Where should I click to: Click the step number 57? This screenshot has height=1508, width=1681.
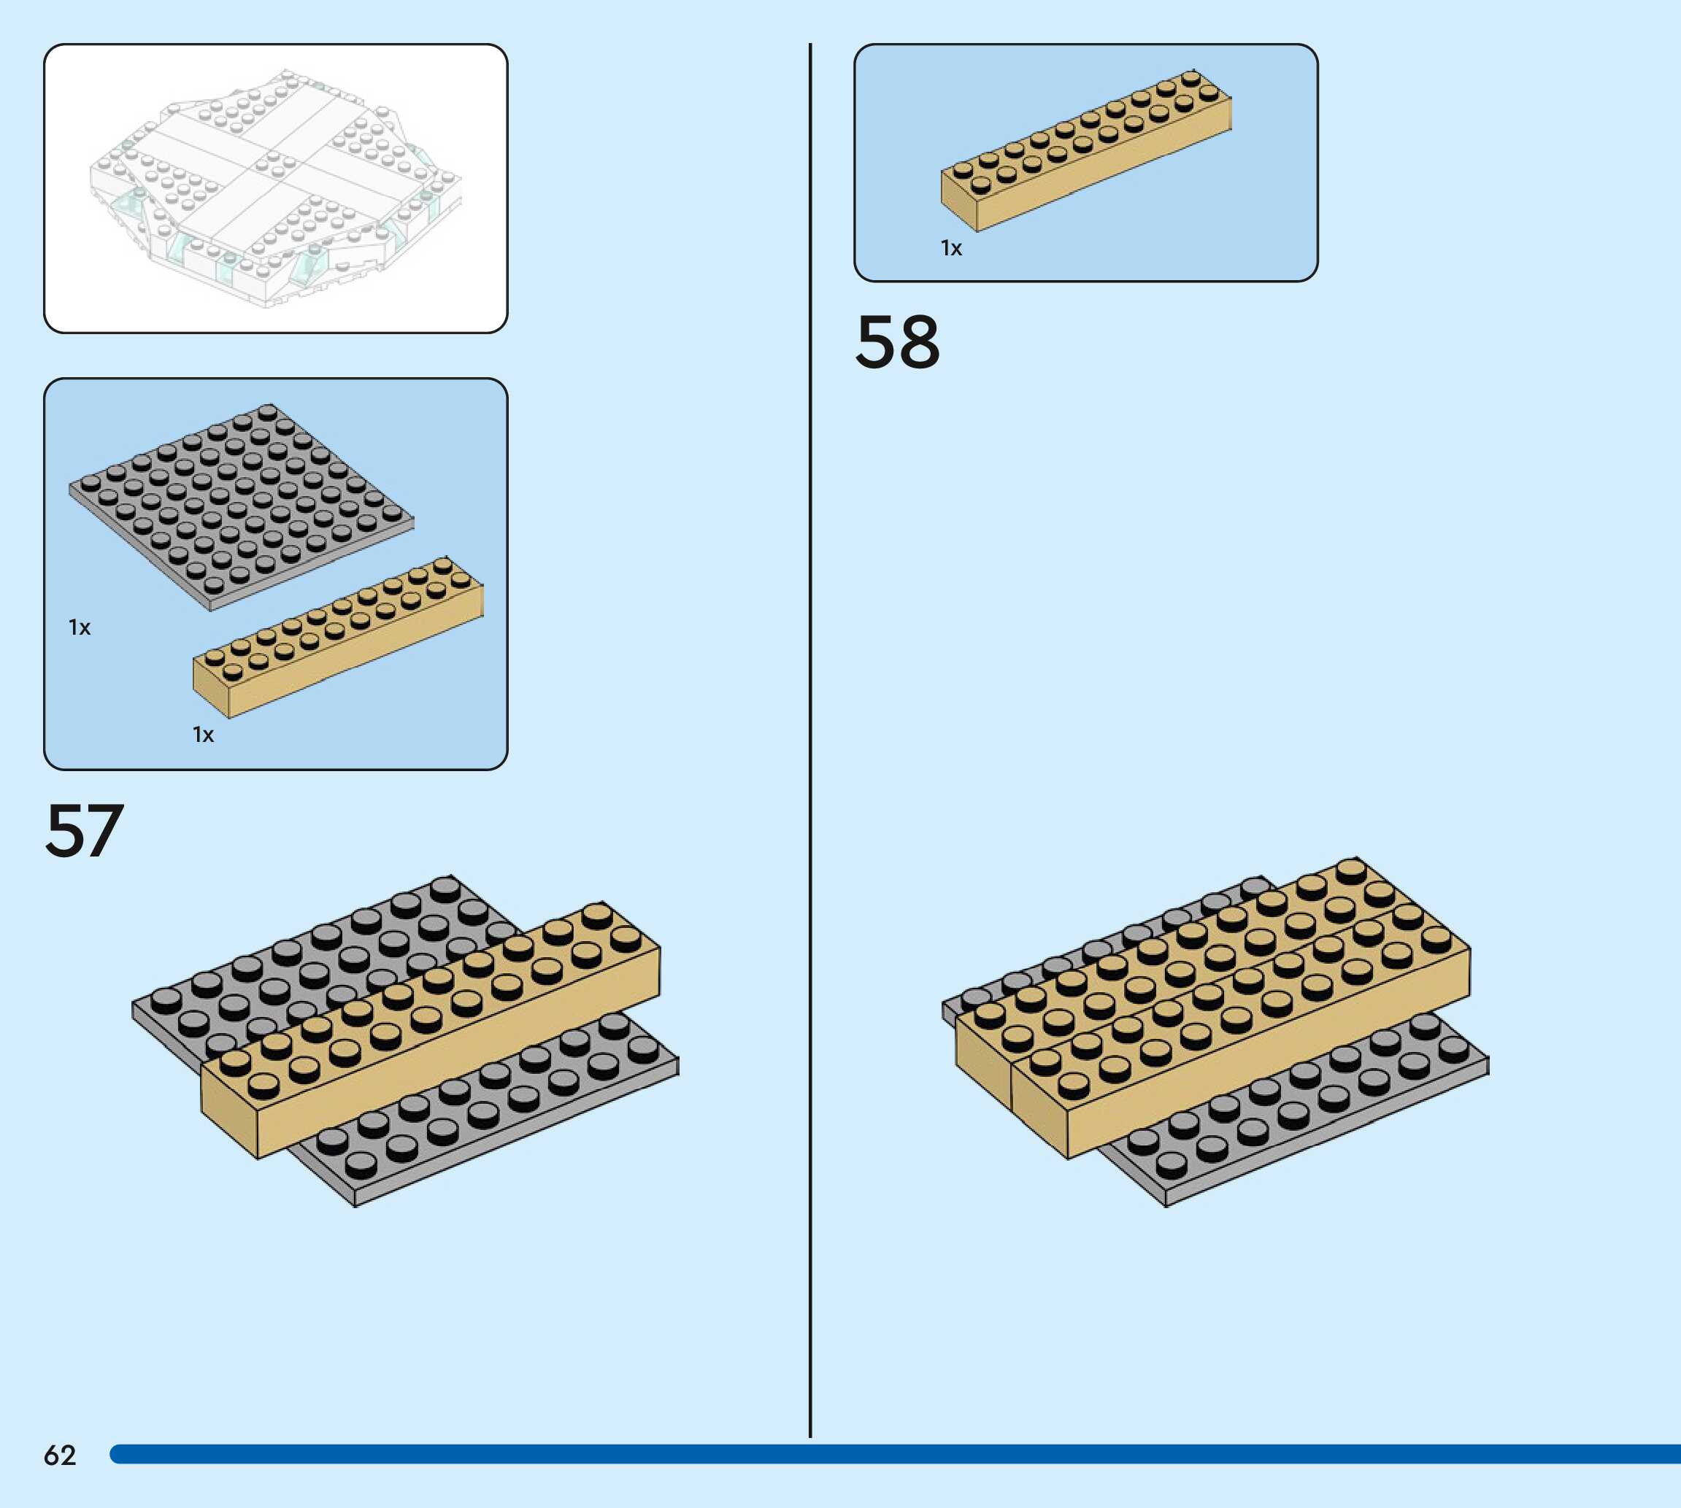(x=84, y=830)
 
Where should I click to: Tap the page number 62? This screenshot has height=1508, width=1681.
(x=60, y=1455)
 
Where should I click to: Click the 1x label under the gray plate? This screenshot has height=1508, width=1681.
(x=80, y=627)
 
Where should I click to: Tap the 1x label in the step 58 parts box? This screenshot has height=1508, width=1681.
(x=951, y=248)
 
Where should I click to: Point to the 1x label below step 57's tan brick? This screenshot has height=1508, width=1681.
(x=203, y=734)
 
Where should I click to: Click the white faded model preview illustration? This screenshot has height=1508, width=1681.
(x=275, y=189)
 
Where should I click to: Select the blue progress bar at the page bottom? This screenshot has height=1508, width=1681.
(x=895, y=1454)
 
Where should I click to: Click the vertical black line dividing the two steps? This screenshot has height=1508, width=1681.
(x=809, y=746)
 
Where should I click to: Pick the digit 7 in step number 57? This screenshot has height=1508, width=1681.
(x=104, y=830)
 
